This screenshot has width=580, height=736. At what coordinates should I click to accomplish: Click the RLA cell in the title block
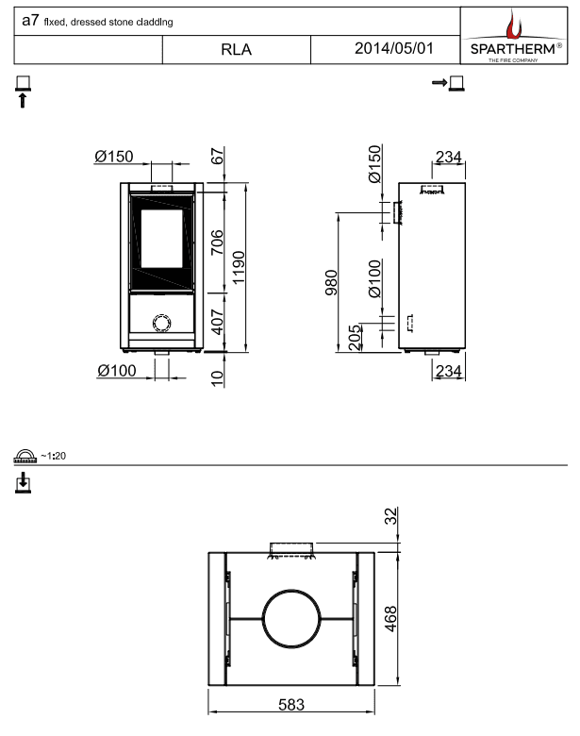pyautogui.click(x=236, y=49)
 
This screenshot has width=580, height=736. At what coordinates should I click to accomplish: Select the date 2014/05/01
pyautogui.click(x=393, y=48)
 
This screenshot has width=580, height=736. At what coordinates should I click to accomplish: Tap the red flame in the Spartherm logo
pyautogui.click(x=513, y=25)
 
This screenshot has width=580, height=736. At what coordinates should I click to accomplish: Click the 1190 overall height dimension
pyautogui.click(x=239, y=267)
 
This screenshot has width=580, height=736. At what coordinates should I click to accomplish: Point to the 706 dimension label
pyautogui.click(x=217, y=243)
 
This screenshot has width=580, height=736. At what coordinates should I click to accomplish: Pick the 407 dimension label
pyautogui.click(x=217, y=322)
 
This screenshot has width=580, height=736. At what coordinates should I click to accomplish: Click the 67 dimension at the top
pyautogui.click(x=217, y=156)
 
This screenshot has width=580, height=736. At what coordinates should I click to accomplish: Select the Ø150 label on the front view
pyautogui.click(x=114, y=157)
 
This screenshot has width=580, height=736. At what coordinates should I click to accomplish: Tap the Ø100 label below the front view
pyautogui.click(x=117, y=371)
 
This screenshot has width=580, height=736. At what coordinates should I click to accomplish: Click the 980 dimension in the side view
pyautogui.click(x=331, y=282)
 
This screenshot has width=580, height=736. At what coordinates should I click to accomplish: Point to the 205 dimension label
pyautogui.click(x=356, y=337)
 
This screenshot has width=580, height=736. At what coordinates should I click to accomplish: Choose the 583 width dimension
pyautogui.click(x=291, y=705)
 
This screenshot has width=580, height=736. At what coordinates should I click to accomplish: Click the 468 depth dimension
pyautogui.click(x=390, y=619)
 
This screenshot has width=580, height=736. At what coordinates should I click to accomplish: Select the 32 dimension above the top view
pyautogui.click(x=390, y=515)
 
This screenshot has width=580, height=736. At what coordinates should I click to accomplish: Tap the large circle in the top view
pyautogui.click(x=291, y=619)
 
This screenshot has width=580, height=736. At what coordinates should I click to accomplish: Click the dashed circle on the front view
pyautogui.click(x=162, y=323)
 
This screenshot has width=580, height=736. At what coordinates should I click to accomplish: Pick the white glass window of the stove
pyautogui.click(x=162, y=239)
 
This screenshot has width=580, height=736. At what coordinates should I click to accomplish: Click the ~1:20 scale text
pyautogui.click(x=53, y=456)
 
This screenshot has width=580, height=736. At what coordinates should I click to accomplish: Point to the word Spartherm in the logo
pyautogui.click(x=513, y=49)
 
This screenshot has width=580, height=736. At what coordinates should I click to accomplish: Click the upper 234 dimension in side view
pyautogui.click(x=449, y=157)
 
